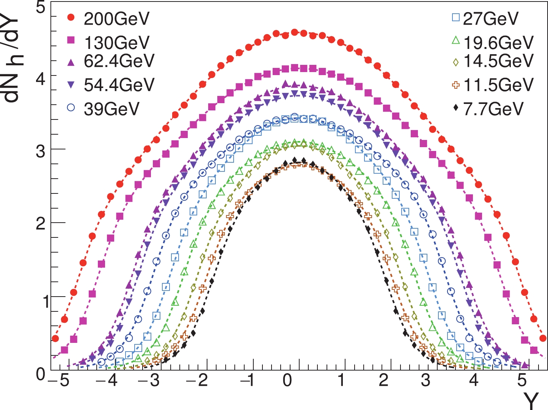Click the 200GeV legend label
pyautogui.click(x=117, y=19)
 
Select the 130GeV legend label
pyautogui.click(x=117, y=43)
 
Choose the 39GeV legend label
pyautogui.click(x=112, y=109)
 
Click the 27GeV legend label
pyautogui.click(x=491, y=19)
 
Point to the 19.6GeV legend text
pyautogui.click(x=498, y=43)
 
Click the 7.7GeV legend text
pyautogui.click(x=493, y=109)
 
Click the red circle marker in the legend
pyautogui.click(x=71, y=17)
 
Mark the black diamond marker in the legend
pyautogui.click(x=456, y=108)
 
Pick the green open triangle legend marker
pyautogui.click(x=456, y=39)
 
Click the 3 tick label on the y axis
pyautogui.click(x=40, y=151)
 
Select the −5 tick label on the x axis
pyautogui.click(x=60, y=380)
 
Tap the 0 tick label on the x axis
pyautogui.click(x=287, y=380)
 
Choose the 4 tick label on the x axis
pyautogui.click(x=474, y=380)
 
